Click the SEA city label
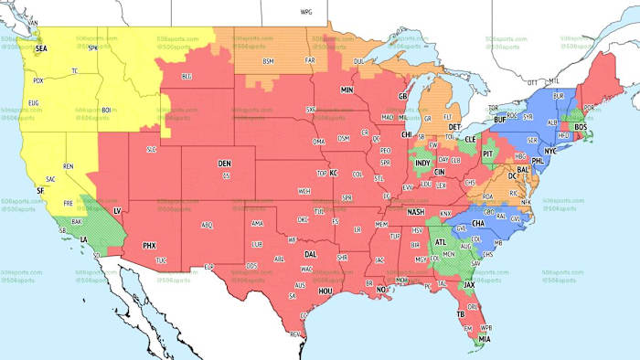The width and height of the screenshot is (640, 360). click(x=41, y=47)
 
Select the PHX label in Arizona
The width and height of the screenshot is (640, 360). click(x=150, y=245)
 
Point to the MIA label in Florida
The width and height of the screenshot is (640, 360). click(x=481, y=339)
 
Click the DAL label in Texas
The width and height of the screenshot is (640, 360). click(x=311, y=254)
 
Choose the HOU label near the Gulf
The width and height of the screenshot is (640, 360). click(x=325, y=291)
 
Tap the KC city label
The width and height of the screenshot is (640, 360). click(x=335, y=172)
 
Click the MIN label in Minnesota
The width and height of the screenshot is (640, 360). click(x=347, y=90)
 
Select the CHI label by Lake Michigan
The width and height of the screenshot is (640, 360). click(x=406, y=135)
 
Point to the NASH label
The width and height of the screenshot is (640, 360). click(x=416, y=212)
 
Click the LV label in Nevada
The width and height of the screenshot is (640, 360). click(x=117, y=211)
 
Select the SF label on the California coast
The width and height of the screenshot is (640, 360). click(x=40, y=190)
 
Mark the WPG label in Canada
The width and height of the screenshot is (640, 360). click(x=306, y=13)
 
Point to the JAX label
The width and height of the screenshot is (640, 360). click(x=470, y=284)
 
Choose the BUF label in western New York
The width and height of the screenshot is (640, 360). click(x=499, y=119)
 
